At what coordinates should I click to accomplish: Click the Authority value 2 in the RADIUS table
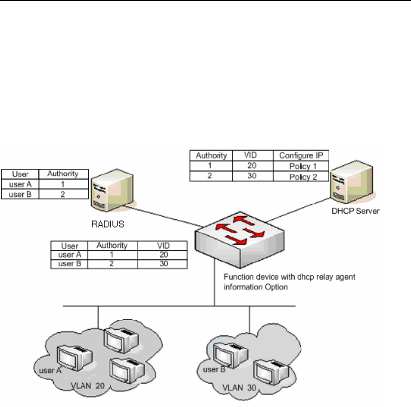pos(63,194)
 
